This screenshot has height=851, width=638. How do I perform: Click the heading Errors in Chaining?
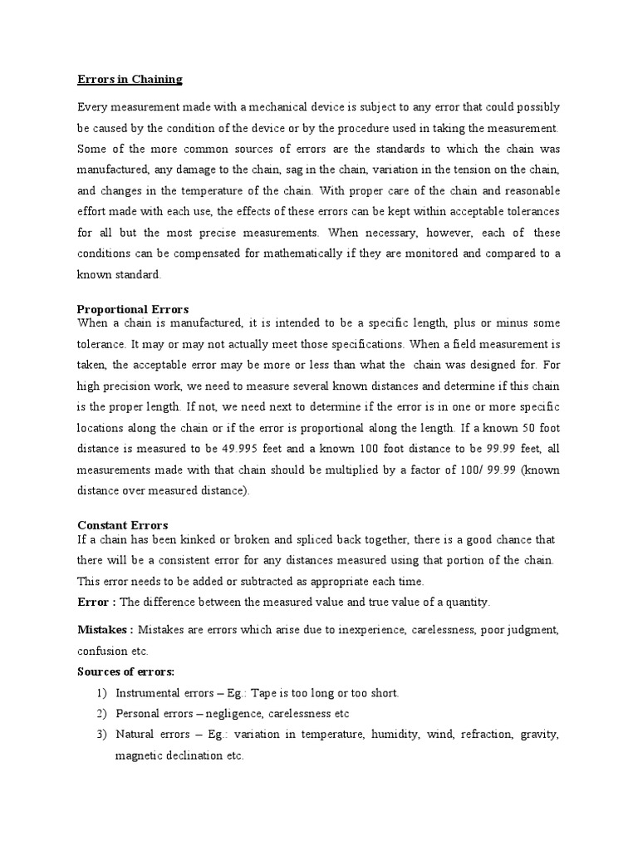[129, 80]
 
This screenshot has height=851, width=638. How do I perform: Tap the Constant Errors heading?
[122, 525]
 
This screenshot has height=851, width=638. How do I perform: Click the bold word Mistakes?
[103, 630]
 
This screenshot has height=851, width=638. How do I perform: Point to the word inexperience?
[371, 631]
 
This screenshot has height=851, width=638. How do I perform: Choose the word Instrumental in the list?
[146, 693]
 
